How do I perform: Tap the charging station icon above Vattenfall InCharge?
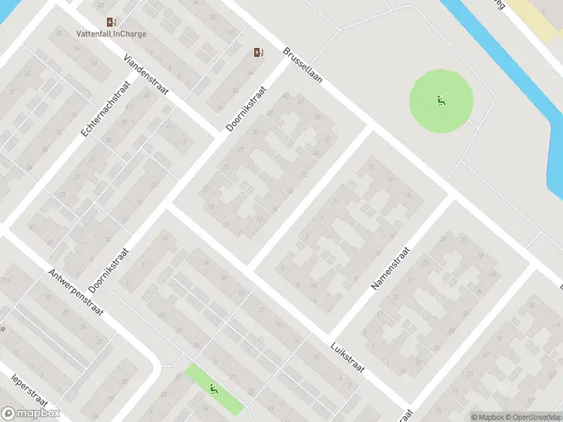[x=110, y=23]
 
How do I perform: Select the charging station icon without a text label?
[x=258, y=52]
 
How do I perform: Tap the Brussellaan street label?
[x=303, y=66]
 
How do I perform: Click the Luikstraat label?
[x=348, y=358]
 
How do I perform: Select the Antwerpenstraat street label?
[x=76, y=293]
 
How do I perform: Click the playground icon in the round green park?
[x=441, y=101]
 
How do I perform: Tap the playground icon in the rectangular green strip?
[x=214, y=388]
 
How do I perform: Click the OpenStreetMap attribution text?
[x=532, y=417]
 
